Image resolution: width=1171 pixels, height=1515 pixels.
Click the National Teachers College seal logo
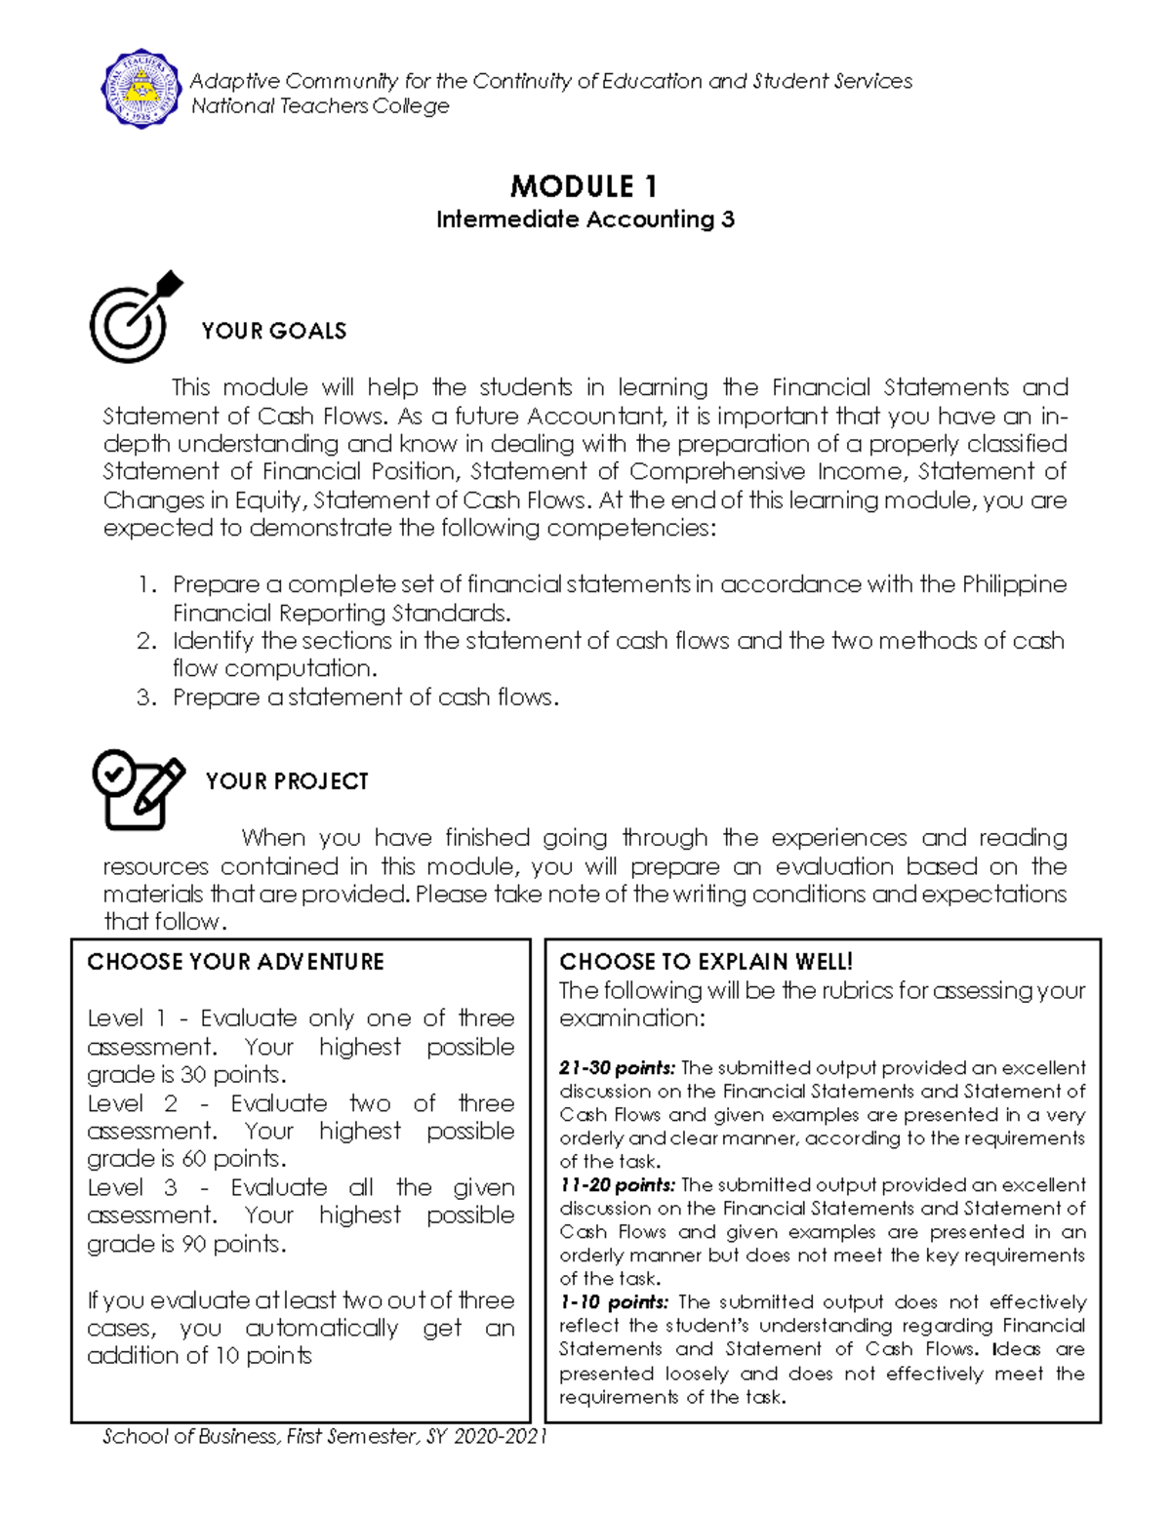141,89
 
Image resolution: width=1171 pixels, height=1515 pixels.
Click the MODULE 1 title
584,186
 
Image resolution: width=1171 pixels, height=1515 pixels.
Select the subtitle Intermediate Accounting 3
585,219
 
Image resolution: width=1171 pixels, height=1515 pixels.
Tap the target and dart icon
135,317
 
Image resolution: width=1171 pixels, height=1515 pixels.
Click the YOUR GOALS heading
273,332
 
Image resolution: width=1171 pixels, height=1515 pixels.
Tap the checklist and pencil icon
137,789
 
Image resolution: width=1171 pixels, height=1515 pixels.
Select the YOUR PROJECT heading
287,781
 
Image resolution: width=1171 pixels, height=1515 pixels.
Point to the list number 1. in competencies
146,585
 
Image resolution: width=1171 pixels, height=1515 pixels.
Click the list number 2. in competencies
146,642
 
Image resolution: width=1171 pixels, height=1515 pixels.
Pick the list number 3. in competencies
146,698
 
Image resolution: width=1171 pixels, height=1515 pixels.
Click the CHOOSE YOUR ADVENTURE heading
235,962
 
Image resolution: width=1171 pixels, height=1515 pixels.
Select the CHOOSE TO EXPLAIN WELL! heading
706,962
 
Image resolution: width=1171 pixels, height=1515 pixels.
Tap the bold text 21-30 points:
617,1068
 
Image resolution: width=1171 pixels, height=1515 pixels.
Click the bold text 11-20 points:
617,1185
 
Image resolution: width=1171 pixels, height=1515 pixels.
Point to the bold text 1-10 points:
614,1302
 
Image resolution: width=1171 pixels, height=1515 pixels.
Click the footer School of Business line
324,1436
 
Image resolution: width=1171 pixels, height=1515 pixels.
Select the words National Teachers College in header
320,106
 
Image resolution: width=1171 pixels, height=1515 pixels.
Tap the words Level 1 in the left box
127,1018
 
